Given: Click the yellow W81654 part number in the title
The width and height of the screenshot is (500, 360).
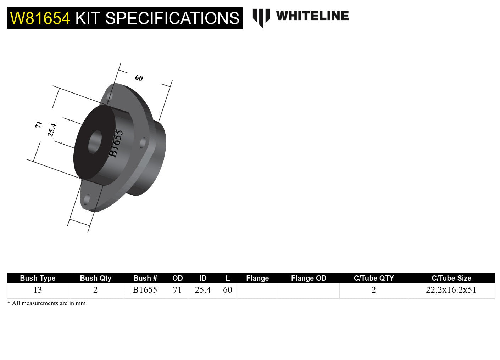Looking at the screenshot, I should [x=40, y=18].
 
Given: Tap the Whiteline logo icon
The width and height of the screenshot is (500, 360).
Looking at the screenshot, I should [x=261, y=17].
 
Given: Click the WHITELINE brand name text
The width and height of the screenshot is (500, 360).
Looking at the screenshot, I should [x=312, y=16].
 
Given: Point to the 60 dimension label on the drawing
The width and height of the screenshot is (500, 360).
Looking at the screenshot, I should [x=139, y=78].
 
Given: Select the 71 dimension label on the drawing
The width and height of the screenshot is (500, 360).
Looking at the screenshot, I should [x=39, y=124].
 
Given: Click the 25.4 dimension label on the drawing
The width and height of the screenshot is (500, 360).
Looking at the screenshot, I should [x=52, y=130].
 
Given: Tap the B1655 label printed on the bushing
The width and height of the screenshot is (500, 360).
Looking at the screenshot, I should [x=116, y=143].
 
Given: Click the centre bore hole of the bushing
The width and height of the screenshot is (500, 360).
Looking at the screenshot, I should [x=95, y=142].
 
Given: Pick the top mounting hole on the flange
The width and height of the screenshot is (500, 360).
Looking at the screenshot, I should [x=110, y=96].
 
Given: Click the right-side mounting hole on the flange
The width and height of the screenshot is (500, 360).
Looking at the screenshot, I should [x=143, y=143].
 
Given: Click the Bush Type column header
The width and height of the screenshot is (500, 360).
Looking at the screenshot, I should [x=38, y=278].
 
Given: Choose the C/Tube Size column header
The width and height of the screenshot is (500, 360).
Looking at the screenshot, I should [x=451, y=278].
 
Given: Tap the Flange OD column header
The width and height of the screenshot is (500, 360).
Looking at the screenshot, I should [x=309, y=278].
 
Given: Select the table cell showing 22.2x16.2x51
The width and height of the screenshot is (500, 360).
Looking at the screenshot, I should [x=451, y=290].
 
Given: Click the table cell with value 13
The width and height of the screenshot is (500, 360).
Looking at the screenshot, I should [x=38, y=290].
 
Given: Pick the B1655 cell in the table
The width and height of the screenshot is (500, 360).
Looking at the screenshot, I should [x=145, y=290].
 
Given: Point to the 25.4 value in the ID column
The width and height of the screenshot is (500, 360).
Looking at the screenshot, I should [x=203, y=290].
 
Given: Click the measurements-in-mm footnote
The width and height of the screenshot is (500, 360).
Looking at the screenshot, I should [x=46, y=303].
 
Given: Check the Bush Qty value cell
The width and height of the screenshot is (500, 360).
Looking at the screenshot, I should [x=95, y=290].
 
